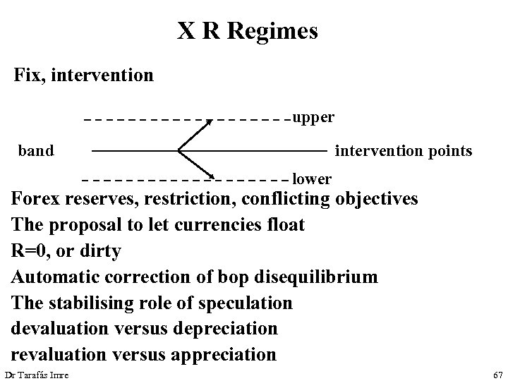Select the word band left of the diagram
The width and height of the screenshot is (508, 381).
36,150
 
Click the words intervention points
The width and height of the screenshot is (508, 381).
404,150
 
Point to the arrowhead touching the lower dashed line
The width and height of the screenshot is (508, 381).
213,174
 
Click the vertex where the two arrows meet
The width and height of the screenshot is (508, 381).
179,150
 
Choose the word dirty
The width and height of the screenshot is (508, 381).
102,250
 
